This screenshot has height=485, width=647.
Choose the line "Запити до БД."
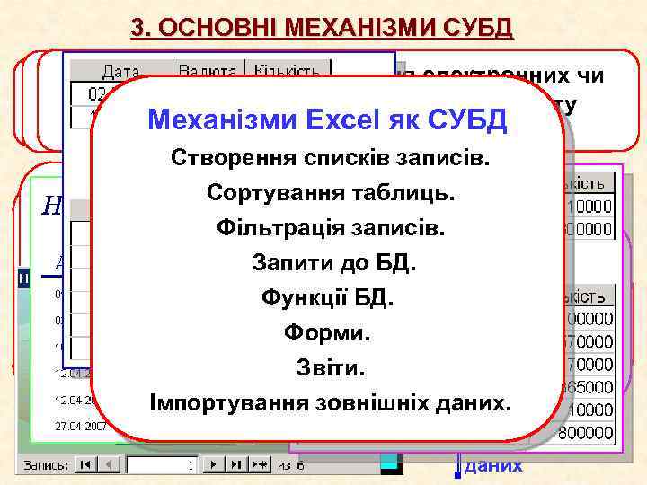329,263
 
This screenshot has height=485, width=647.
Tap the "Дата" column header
121,71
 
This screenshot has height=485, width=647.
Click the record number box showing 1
162,465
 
